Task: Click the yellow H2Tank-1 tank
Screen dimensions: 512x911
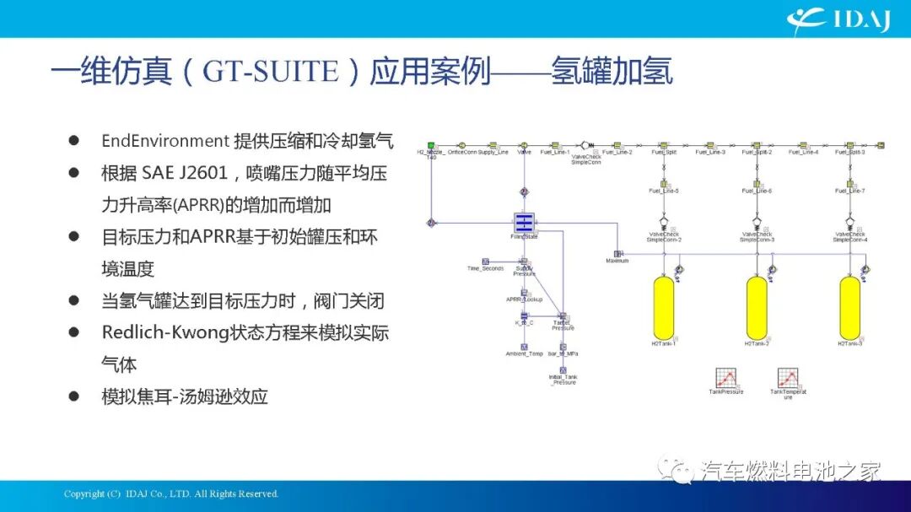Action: [664, 308]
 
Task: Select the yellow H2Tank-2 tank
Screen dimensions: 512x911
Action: [757, 308]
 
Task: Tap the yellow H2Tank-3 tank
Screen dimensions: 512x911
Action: [849, 308]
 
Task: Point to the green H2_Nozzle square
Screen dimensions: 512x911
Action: [430, 145]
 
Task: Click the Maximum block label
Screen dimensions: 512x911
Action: [617, 261]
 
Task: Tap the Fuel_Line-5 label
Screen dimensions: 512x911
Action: [664, 191]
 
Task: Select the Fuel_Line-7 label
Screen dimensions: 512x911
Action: [849, 191]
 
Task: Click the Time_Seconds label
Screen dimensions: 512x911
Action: [485, 268]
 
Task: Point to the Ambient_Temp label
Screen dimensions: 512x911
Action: [524, 353]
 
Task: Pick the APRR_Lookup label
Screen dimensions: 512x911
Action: [523, 299]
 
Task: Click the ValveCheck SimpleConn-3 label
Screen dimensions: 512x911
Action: [757, 237]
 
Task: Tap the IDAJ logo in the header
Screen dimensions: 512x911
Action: [838, 19]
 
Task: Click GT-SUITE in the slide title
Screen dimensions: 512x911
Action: [269, 71]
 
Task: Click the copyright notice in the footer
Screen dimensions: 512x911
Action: [171, 493]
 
